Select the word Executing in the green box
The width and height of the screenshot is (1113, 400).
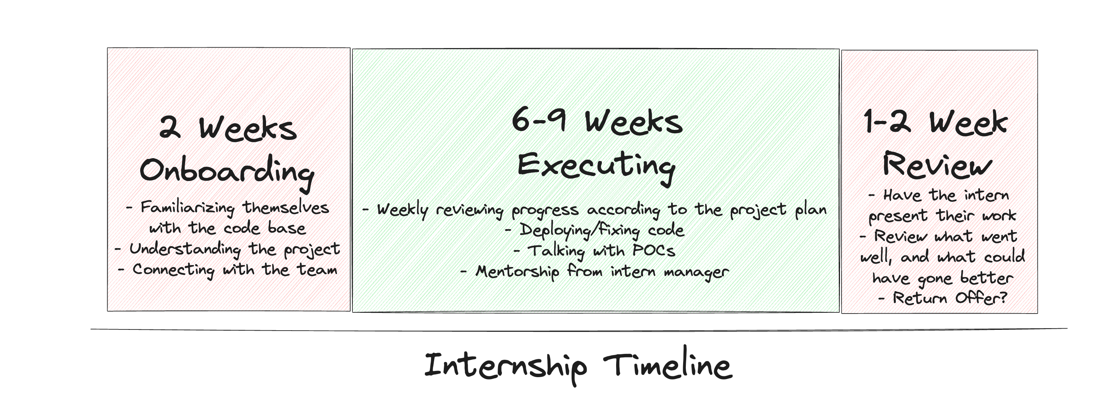point(596,166)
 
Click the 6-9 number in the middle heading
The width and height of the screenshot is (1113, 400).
point(539,120)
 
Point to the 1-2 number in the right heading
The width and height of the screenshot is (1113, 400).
point(886,122)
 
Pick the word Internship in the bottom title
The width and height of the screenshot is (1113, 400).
point(505,366)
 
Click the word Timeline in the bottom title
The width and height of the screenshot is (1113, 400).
point(667,366)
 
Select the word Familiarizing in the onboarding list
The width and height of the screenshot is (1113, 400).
point(187,208)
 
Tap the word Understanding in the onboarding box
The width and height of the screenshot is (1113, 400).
point(185,249)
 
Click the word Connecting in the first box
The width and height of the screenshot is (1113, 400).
point(173,270)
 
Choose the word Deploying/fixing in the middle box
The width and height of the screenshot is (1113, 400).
point(579,230)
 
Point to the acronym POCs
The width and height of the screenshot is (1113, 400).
point(653,250)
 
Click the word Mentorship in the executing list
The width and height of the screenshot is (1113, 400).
point(517,272)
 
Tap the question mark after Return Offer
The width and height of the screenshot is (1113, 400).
point(1003,298)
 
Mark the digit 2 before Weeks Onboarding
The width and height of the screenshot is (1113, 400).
point(170,128)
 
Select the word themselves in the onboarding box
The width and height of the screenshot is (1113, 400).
point(285,208)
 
